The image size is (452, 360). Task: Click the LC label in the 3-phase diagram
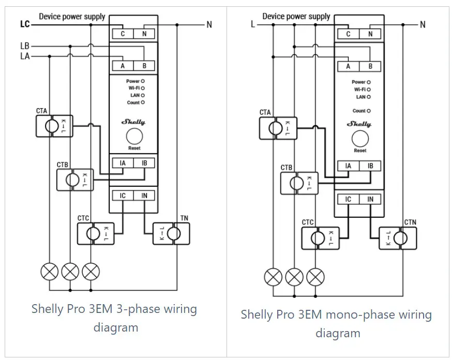pos(25,24)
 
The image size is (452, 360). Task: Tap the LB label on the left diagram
pos(25,46)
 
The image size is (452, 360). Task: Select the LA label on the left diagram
pos(25,56)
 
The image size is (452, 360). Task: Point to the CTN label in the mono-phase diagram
pos(410,222)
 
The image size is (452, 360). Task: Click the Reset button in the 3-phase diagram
pos(134,137)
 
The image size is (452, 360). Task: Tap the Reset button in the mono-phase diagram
pos(360,139)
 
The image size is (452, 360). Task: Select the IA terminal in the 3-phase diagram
pos(123,163)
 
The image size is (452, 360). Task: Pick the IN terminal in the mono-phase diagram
pos(370,199)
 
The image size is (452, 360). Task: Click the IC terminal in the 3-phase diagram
pos(123,196)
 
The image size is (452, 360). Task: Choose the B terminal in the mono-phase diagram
pos(370,66)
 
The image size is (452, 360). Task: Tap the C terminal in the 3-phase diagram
pos(123,34)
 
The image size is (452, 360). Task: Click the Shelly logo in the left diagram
pos(133,122)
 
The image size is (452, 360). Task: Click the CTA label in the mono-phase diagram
pos(265,112)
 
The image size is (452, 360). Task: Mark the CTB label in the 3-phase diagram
pos(63,165)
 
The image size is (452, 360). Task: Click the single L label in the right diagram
pos(253,24)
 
